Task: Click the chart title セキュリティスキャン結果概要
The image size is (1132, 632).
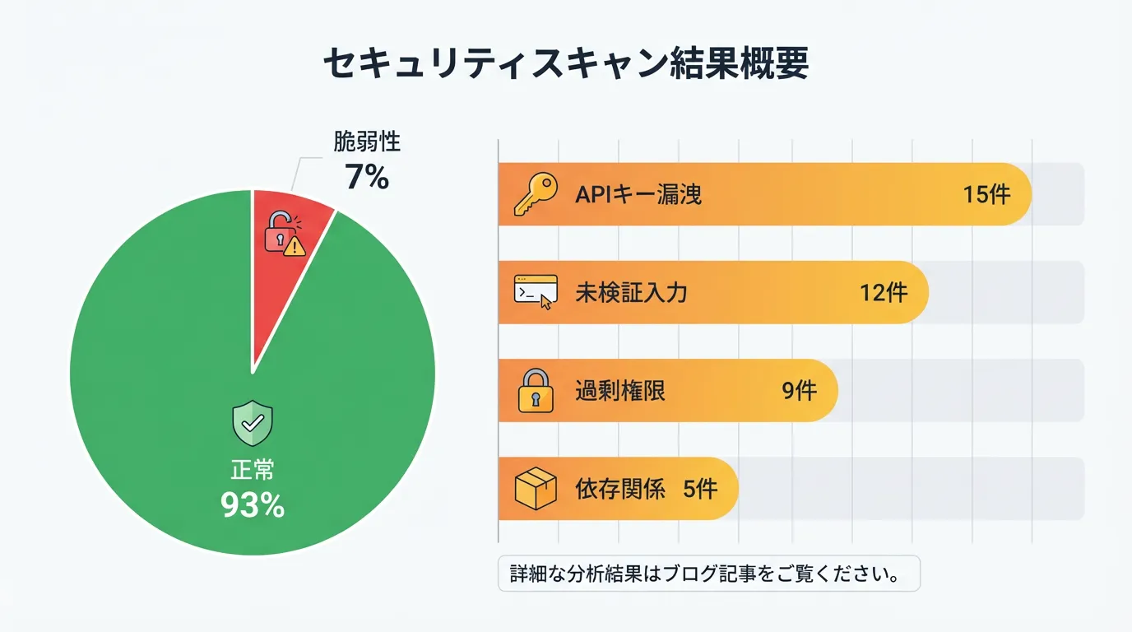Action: [565, 64]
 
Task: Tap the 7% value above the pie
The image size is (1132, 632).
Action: [367, 176]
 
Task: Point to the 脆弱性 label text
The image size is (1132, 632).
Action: [367, 142]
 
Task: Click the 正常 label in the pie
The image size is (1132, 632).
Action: [253, 470]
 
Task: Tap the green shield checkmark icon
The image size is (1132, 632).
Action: [253, 423]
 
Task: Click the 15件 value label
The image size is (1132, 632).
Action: [986, 195]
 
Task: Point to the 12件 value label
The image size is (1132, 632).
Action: [884, 293]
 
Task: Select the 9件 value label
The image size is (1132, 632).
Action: [799, 391]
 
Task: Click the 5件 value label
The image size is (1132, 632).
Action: [700, 489]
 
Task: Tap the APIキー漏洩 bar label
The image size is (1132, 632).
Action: [638, 195]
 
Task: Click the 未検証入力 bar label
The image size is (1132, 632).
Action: [630, 293]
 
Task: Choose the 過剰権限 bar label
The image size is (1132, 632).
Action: [619, 391]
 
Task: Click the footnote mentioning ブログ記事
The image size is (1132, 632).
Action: [708, 574]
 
